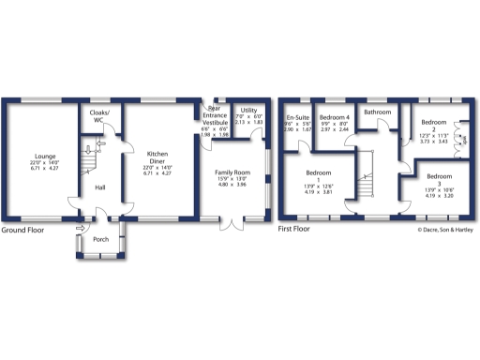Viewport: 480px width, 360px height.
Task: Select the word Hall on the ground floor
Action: point(99,187)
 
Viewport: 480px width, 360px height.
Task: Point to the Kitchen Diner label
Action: point(156,157)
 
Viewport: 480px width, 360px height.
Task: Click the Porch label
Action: point(100,239)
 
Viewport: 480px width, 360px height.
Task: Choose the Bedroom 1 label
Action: point(318,175)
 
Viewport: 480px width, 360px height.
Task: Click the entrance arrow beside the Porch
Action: point(81,227)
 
